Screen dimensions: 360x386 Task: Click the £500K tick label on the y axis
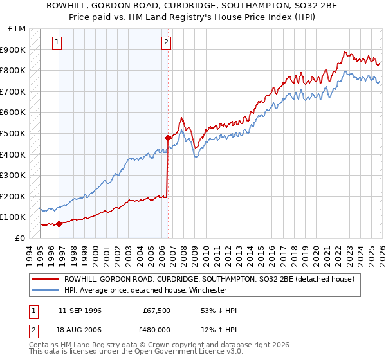pos(13,133)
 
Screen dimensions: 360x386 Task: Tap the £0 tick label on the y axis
pos(21,238)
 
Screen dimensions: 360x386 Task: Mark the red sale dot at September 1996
pos(59,224)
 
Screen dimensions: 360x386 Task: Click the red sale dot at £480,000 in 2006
pos(168,138)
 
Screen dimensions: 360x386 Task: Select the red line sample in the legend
pos(45,279)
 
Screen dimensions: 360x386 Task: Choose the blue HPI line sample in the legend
pos(45,290)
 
